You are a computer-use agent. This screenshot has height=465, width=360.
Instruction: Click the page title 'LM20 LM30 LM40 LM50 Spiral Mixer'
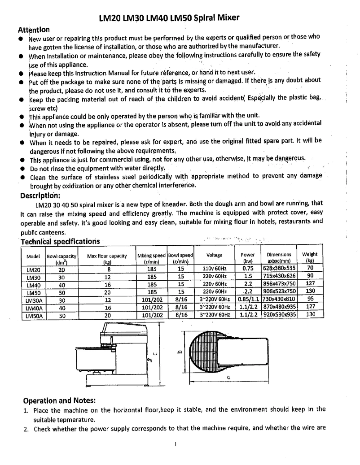(168, 18)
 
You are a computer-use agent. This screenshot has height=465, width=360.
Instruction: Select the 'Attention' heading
(34, 30)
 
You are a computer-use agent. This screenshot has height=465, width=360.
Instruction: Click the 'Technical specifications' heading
(60, 242)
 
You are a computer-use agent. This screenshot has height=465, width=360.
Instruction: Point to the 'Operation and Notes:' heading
(59, 400)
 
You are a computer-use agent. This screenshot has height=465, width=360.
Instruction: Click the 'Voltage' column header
(214, 255)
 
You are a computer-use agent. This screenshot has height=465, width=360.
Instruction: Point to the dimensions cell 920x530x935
(279, 315)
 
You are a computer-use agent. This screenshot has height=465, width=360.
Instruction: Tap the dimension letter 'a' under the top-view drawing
(228, 378)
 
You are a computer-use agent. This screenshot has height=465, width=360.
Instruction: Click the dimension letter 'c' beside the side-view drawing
(155, 354)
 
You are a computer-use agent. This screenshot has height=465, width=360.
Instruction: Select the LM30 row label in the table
(34, 276)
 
